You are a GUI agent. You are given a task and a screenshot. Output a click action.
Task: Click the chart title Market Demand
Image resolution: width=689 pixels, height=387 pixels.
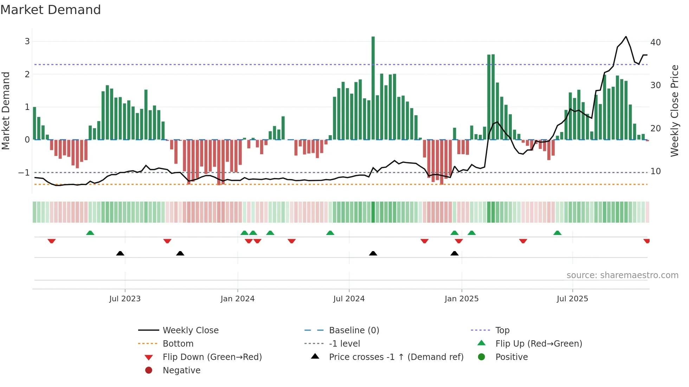coord(51,10)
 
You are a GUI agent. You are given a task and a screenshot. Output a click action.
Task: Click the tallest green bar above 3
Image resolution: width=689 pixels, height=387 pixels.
coord(373,88)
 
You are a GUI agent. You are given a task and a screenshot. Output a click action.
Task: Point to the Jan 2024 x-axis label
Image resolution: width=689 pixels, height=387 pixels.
coord(237,299)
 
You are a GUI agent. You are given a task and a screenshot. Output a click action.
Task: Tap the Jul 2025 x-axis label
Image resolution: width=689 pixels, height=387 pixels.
coord(572,299)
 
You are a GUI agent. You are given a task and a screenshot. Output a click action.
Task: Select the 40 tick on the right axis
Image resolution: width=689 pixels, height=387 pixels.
coord(655,42)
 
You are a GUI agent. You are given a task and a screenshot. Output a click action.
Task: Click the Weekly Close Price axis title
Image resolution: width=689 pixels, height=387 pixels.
coord(674,111)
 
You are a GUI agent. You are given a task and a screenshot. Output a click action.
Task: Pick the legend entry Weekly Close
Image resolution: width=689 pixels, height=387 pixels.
coord(190,330)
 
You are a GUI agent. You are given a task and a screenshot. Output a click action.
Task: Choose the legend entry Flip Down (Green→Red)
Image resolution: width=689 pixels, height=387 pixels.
coord(212,357)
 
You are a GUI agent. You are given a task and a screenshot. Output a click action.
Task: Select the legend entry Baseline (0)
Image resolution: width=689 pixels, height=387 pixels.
coord(354,330)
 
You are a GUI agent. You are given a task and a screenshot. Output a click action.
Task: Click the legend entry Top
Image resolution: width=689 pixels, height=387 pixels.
coord(502,330)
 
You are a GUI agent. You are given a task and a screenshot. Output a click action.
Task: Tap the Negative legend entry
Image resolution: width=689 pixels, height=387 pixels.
coord(181,370)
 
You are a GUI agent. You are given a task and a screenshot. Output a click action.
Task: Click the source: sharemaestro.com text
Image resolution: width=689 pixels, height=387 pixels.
coord(622,275)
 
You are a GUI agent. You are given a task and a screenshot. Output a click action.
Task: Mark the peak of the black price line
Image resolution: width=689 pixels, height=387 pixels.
coord(626,37)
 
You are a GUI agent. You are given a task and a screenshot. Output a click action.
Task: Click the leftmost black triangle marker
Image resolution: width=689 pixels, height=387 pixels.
coord(120,253)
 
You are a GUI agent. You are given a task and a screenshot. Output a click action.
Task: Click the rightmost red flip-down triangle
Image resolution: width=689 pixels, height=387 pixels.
coord(646,241)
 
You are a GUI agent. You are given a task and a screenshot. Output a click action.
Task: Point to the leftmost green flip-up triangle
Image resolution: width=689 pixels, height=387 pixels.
coord(90,233)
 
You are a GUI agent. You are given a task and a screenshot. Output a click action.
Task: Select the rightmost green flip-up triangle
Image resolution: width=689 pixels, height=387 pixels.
coord(557,233)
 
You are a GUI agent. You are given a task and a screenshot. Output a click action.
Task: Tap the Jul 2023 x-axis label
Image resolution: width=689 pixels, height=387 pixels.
coord(125,299)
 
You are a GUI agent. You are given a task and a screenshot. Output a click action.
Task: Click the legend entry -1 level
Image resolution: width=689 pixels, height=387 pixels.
coord(344,344)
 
